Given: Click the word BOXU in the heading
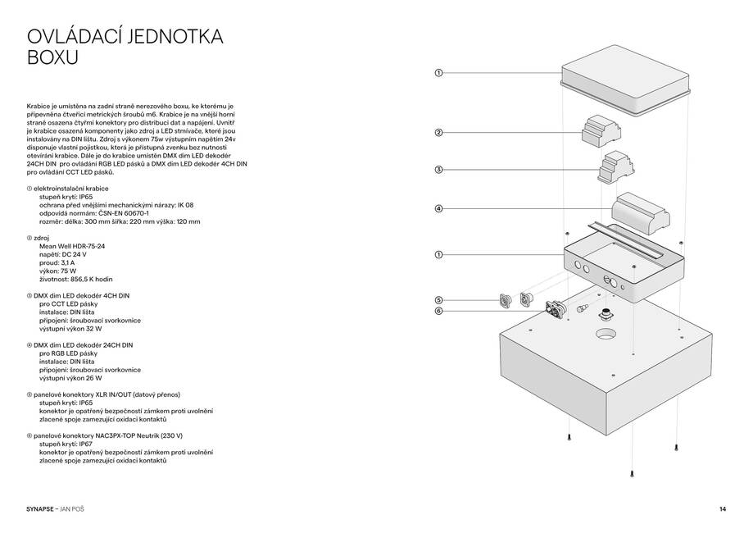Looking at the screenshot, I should click(x=52, y=59).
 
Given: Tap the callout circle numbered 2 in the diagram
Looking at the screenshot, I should click(x=438, y=133).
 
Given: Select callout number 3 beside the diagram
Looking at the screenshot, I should click(x=438, y=170).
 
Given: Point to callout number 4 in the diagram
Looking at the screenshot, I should click(x=438, y=209).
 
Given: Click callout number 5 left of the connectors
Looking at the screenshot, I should click(x=438, y=300).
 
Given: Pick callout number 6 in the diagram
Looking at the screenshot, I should click(x=438, y=311).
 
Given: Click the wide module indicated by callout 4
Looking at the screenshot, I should click(x=644, y=211).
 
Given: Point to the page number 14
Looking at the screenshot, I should click(x=723, y=509).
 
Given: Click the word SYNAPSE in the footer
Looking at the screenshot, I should click(x=41, y=509).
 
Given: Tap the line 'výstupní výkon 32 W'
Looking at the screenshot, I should click(x=70, y=327).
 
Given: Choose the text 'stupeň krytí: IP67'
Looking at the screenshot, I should click(x=66, y=444).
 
